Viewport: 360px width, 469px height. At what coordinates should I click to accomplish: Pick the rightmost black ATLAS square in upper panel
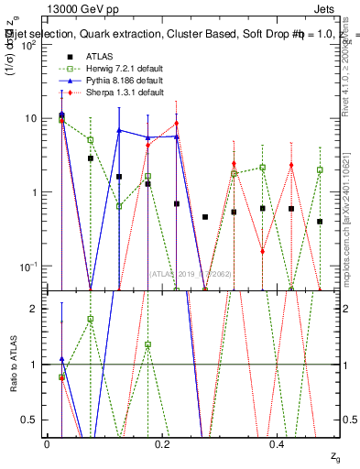320,222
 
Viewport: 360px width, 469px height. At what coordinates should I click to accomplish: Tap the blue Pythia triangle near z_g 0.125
119,130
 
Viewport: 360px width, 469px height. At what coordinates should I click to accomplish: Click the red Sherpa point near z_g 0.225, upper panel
176,124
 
